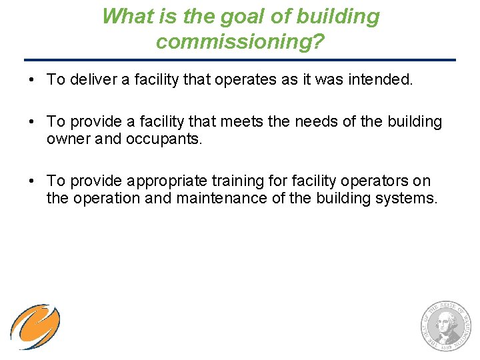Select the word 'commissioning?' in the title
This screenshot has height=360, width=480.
pyautogui.click(x=240, y=41)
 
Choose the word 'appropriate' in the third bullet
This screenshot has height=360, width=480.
pyautogui.click(x=166, y=181)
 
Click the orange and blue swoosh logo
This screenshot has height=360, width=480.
pyautogui.click(x=35, y=326)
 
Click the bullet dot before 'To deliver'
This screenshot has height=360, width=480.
pyautogui.click(x=31, y=81)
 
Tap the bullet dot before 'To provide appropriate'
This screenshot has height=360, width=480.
pyautogui.click(x=31, y=181)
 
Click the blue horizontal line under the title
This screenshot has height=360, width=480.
pyautogui.click(x=240, y=60)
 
